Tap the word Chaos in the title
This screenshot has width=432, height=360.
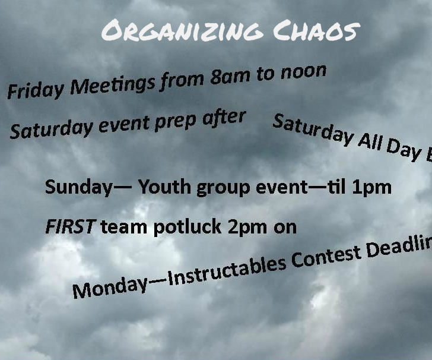321,30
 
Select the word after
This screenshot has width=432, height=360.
224,118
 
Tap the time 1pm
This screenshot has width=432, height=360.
371,188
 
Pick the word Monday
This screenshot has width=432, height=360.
110,288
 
